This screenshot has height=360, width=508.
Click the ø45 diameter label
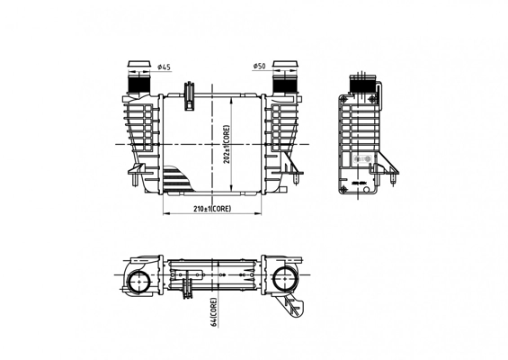tap(165, 67)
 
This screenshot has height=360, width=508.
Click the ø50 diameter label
tap(259, 67)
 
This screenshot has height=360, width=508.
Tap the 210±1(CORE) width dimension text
tap(212, 208)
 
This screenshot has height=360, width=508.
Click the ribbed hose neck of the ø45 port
tap(139, 84)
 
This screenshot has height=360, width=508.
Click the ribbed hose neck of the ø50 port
tap(286, 84)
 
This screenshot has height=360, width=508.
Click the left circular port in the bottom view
tap(139, 281)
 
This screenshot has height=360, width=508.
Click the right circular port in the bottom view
tap(287, 281)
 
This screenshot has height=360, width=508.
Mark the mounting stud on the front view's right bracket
tap(294, 182)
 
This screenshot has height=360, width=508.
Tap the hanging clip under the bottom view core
tap(189, 290)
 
